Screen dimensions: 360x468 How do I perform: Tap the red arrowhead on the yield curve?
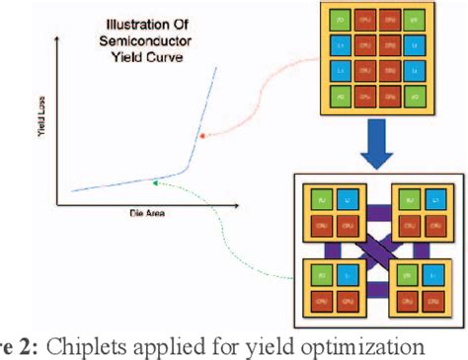coord(201,137)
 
